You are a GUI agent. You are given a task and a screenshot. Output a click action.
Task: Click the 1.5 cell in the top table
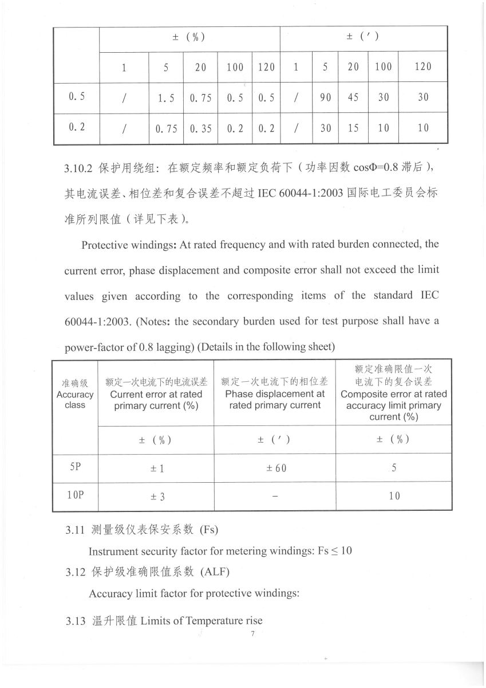click(x=166, y=98)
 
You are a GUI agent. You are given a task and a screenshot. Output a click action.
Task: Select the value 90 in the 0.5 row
click(x=325, y=97)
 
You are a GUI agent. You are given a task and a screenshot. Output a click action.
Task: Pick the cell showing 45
click(x=353, y=97)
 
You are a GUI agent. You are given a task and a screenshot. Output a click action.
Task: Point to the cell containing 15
click(x=353, y=128)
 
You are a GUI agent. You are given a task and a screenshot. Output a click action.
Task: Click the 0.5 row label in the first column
click(x=76, y=96)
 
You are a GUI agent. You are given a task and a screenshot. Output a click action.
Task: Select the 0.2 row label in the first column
click(x=76, y=127)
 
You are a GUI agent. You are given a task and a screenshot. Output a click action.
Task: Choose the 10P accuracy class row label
click(x=75, y=494)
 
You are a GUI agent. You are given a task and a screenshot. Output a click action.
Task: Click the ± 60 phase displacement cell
click(x=275, y=468)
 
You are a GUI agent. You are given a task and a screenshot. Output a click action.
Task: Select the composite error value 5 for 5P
click(x=394, y=468)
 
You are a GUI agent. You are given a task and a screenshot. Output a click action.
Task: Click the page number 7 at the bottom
click(x=252, y=634)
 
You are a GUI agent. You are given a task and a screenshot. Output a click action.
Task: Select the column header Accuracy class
click(x=75, y=400)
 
